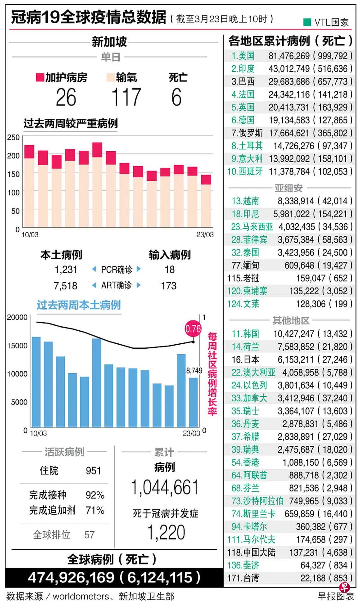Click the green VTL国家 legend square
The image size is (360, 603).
[x=307, y=22]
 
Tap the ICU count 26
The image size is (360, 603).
[x=66, y=97]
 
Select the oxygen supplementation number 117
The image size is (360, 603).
[x=126, y=97]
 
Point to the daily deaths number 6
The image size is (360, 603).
[x=177, y=97]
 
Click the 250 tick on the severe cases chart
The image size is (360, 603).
[x=13, y=137]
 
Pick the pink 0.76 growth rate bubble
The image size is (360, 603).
[x=193, y=329]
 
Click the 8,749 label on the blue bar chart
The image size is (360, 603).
[x=194, y=371]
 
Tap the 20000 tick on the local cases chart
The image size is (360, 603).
[x=17, y=317]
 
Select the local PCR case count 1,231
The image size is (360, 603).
[x=66, y=269]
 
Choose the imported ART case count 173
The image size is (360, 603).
[x=169, y=286]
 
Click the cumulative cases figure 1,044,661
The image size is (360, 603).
[x=165, y=487]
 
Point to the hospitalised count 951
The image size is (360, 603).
[x=93, y=471]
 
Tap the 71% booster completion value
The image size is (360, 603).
[x=95, y=510]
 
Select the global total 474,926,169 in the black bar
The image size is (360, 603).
[x=71, y=577]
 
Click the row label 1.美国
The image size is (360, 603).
[x=243, y=56]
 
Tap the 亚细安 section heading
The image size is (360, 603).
[x=289, y=188]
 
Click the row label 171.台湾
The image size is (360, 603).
[x=243, y=578]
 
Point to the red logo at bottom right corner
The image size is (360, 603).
[x=345, y=587]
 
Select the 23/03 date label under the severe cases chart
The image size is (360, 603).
[x=205, y=235]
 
